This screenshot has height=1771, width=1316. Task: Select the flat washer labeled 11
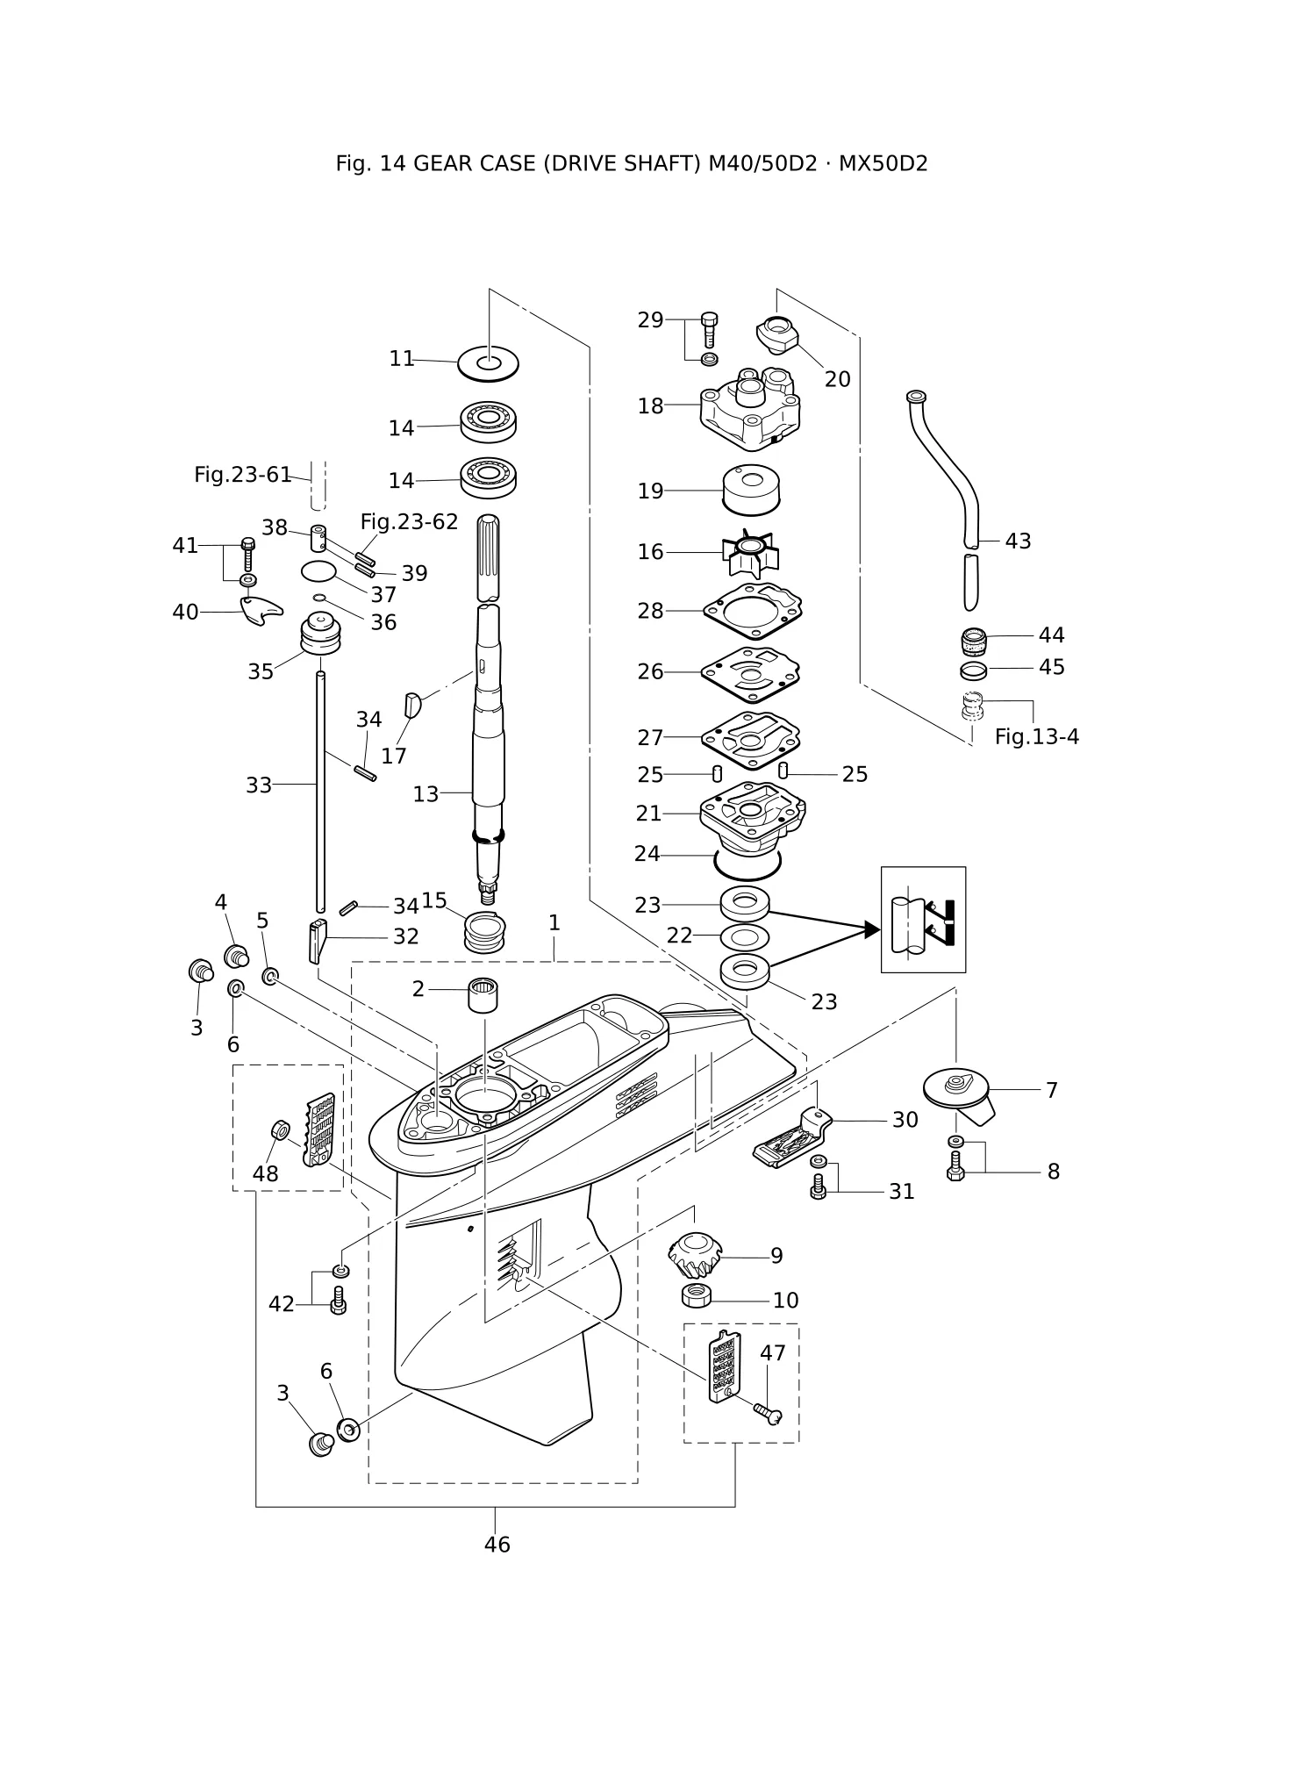pyautogui.click(x=488, y=362)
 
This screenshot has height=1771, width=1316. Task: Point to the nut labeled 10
pyautogui.click(x=696, y=1294)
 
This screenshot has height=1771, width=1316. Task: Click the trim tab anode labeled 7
pyautogui.click(x=958, y=1094)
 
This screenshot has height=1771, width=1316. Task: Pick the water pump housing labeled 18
pyautogui.click(x=750, y=408)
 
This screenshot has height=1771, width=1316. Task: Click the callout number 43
pyautogui.click(x=1018, y=541)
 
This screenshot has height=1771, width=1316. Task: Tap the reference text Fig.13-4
pyautogui.click(x=1036, y=737)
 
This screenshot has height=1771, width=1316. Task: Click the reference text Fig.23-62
pyautogui.click(x=409, y=522)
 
